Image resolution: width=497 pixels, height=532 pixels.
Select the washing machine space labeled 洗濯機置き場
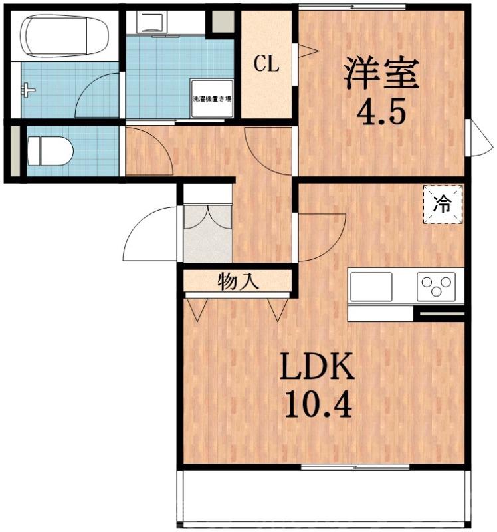(x=212, y=99)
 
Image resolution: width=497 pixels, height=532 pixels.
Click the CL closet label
(x=266, y=64)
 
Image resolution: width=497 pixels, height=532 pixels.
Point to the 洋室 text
(x=381, y=73)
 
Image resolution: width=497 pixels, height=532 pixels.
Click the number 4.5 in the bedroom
(x=381, y=112)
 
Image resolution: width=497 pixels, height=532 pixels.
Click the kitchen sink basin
(x=371, y=287)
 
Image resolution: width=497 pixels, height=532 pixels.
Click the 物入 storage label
(x=238, y=282)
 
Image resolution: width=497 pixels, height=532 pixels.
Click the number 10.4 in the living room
(x=317, y=403)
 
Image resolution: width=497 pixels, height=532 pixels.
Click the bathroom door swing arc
(x=96, y=96)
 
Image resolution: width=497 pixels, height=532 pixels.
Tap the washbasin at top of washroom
(x=155, y=22)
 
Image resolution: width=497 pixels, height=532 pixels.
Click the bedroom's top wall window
(x=351, y=7)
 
